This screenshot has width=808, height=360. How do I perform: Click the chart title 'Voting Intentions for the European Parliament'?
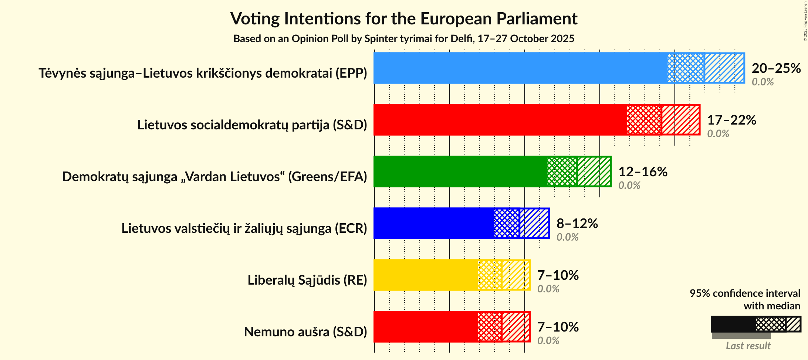point(404,19)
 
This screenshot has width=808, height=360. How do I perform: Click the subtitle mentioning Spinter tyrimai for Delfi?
point(404,39)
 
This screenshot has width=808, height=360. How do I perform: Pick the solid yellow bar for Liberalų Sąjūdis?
point(426,275)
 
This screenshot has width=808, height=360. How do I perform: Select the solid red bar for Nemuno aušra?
point(426,327)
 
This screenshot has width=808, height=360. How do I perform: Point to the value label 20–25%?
point(776,68)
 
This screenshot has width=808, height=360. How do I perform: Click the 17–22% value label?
point(731,120)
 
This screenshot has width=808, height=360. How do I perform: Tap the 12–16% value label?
point(643,171)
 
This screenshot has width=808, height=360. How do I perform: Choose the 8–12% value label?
point(577,223)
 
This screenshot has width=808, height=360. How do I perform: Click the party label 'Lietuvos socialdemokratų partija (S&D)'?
point(252,125)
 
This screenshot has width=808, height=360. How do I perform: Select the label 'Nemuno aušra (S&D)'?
point(305,332)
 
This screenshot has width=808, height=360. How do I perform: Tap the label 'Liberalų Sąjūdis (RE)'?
point(307,280)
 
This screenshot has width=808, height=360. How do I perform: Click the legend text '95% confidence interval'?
point(745,293)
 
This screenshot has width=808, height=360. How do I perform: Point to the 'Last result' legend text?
point(748,346)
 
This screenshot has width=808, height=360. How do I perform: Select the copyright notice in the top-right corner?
point(805,21)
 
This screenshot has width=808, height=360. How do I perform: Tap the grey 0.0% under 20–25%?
point(763,82)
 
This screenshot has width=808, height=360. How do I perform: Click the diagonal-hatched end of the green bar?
point(594,171)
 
